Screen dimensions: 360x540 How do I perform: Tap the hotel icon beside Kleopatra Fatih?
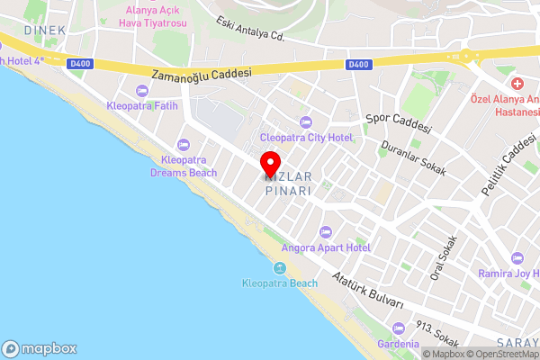141,91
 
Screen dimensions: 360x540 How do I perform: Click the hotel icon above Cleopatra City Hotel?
305,121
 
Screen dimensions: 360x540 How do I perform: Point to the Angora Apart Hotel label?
325,247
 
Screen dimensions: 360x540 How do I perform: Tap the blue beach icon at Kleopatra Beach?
280,268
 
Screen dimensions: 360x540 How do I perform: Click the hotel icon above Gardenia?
399,329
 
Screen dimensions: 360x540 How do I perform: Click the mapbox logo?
40,348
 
